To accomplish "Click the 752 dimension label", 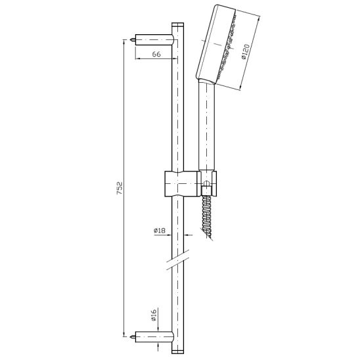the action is click(x=120, y=189).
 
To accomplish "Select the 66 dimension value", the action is click(x=156, y=54).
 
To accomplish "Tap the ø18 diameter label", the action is click(x=160, y=231).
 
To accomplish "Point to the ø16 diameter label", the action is click(x=154, y=315).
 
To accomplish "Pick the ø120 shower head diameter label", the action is click(x=246, y=52).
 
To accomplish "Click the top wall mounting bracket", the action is click(x=154, y=39).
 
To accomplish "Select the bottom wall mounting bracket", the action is click(x=154, y=337).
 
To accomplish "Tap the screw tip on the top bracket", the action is click(x=132, y=39).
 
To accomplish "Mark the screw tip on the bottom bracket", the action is click(x=132, y=337).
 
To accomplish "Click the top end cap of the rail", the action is click(x=178, y=24).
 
